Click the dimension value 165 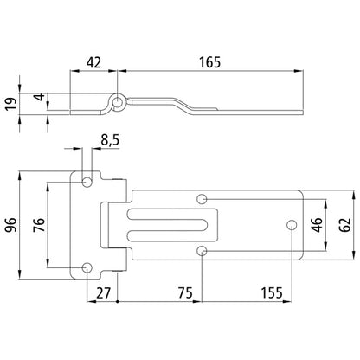[x=209, y=61]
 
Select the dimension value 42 [x=94, y=61]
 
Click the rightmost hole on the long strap [x=291, y=225]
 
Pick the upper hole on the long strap [x=201, y=200]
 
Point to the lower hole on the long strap [x=201, y=251]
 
